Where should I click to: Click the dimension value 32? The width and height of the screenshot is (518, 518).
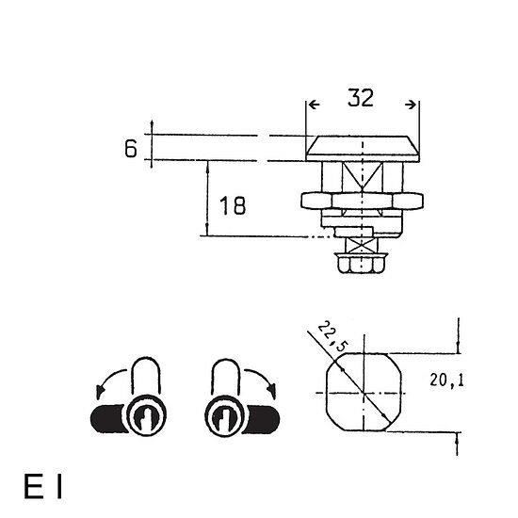pos(361,98)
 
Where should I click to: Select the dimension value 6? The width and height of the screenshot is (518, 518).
pos(131,148)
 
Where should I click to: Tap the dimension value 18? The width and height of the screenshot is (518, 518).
pos(233,205)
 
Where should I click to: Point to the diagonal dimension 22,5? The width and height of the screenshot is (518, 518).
pos(333,337)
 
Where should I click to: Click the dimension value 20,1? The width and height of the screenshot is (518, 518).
pos(446,380)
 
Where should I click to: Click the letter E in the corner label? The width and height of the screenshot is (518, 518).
pos(34,486)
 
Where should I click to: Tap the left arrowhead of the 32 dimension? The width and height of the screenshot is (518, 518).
pos(314,105)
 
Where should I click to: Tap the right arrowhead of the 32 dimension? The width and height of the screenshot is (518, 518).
pos(411,105)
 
